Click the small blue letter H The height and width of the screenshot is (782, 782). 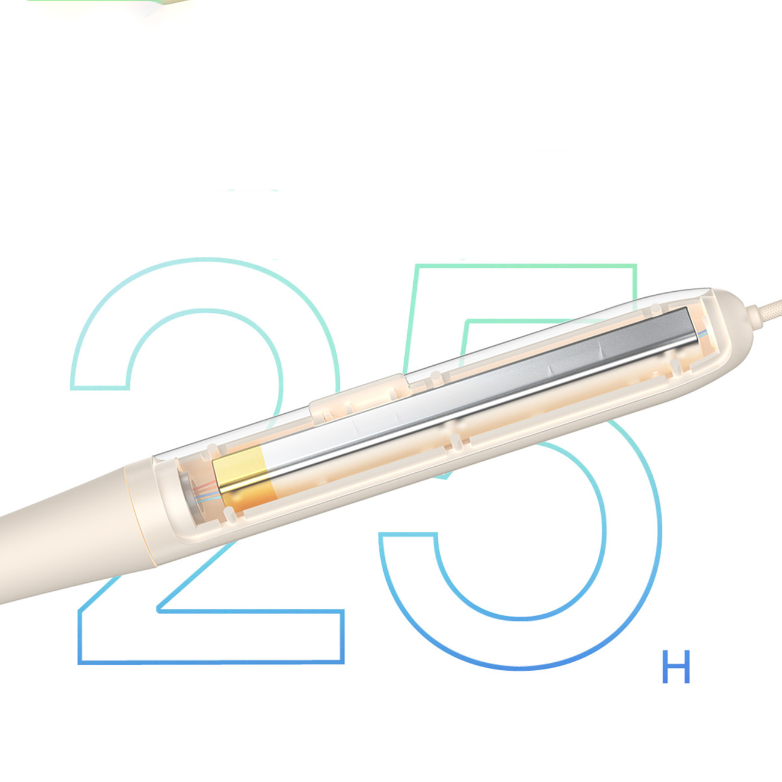click(x=676, y=672)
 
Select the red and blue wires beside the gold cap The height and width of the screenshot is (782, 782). click(x=205, y=491)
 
